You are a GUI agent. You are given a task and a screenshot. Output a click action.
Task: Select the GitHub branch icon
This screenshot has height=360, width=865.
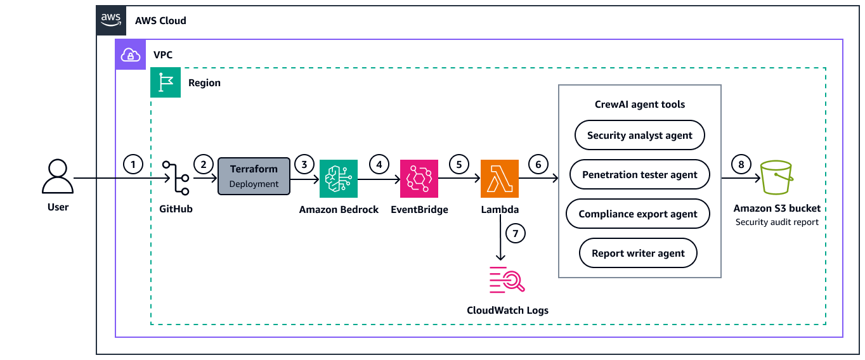(176, 178)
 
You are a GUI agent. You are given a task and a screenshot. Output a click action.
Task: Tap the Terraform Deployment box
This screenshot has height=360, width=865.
(254, 176)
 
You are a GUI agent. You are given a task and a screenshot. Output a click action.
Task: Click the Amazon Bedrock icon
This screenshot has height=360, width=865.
(339, 178)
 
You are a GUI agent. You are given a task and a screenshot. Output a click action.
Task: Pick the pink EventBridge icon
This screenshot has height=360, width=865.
(419, 178)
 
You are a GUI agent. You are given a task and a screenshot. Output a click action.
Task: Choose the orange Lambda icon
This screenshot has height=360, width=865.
(500, 178)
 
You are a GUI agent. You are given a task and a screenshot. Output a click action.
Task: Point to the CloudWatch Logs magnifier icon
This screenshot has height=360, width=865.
(507, 280)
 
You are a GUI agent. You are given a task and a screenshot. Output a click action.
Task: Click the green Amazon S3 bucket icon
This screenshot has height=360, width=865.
(777, 178)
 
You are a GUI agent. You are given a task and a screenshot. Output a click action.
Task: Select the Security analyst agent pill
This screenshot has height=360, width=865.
(639, 135)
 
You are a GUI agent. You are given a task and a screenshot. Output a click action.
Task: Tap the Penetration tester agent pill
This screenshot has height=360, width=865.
(639, 174)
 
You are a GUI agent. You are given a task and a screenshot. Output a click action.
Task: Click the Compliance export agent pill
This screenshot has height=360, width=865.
(638, 214)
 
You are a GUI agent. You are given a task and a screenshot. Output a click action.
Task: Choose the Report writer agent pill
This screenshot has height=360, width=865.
(638, 253)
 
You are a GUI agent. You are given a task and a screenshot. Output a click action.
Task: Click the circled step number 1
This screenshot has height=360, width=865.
(133, 165)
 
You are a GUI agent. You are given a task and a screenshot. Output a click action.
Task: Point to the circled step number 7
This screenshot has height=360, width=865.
(516, 233)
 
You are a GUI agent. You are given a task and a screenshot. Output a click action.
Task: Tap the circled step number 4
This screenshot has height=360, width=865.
(379, 165)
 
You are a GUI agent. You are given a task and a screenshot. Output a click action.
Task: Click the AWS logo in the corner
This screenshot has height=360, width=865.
(112, 20)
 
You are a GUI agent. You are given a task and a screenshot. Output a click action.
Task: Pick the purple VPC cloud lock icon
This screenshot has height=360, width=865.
(130, 55)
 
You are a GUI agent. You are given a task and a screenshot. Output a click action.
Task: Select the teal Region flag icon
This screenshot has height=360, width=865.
(166, 82)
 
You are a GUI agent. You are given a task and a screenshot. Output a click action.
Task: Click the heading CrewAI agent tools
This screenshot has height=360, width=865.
(639, 104)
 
